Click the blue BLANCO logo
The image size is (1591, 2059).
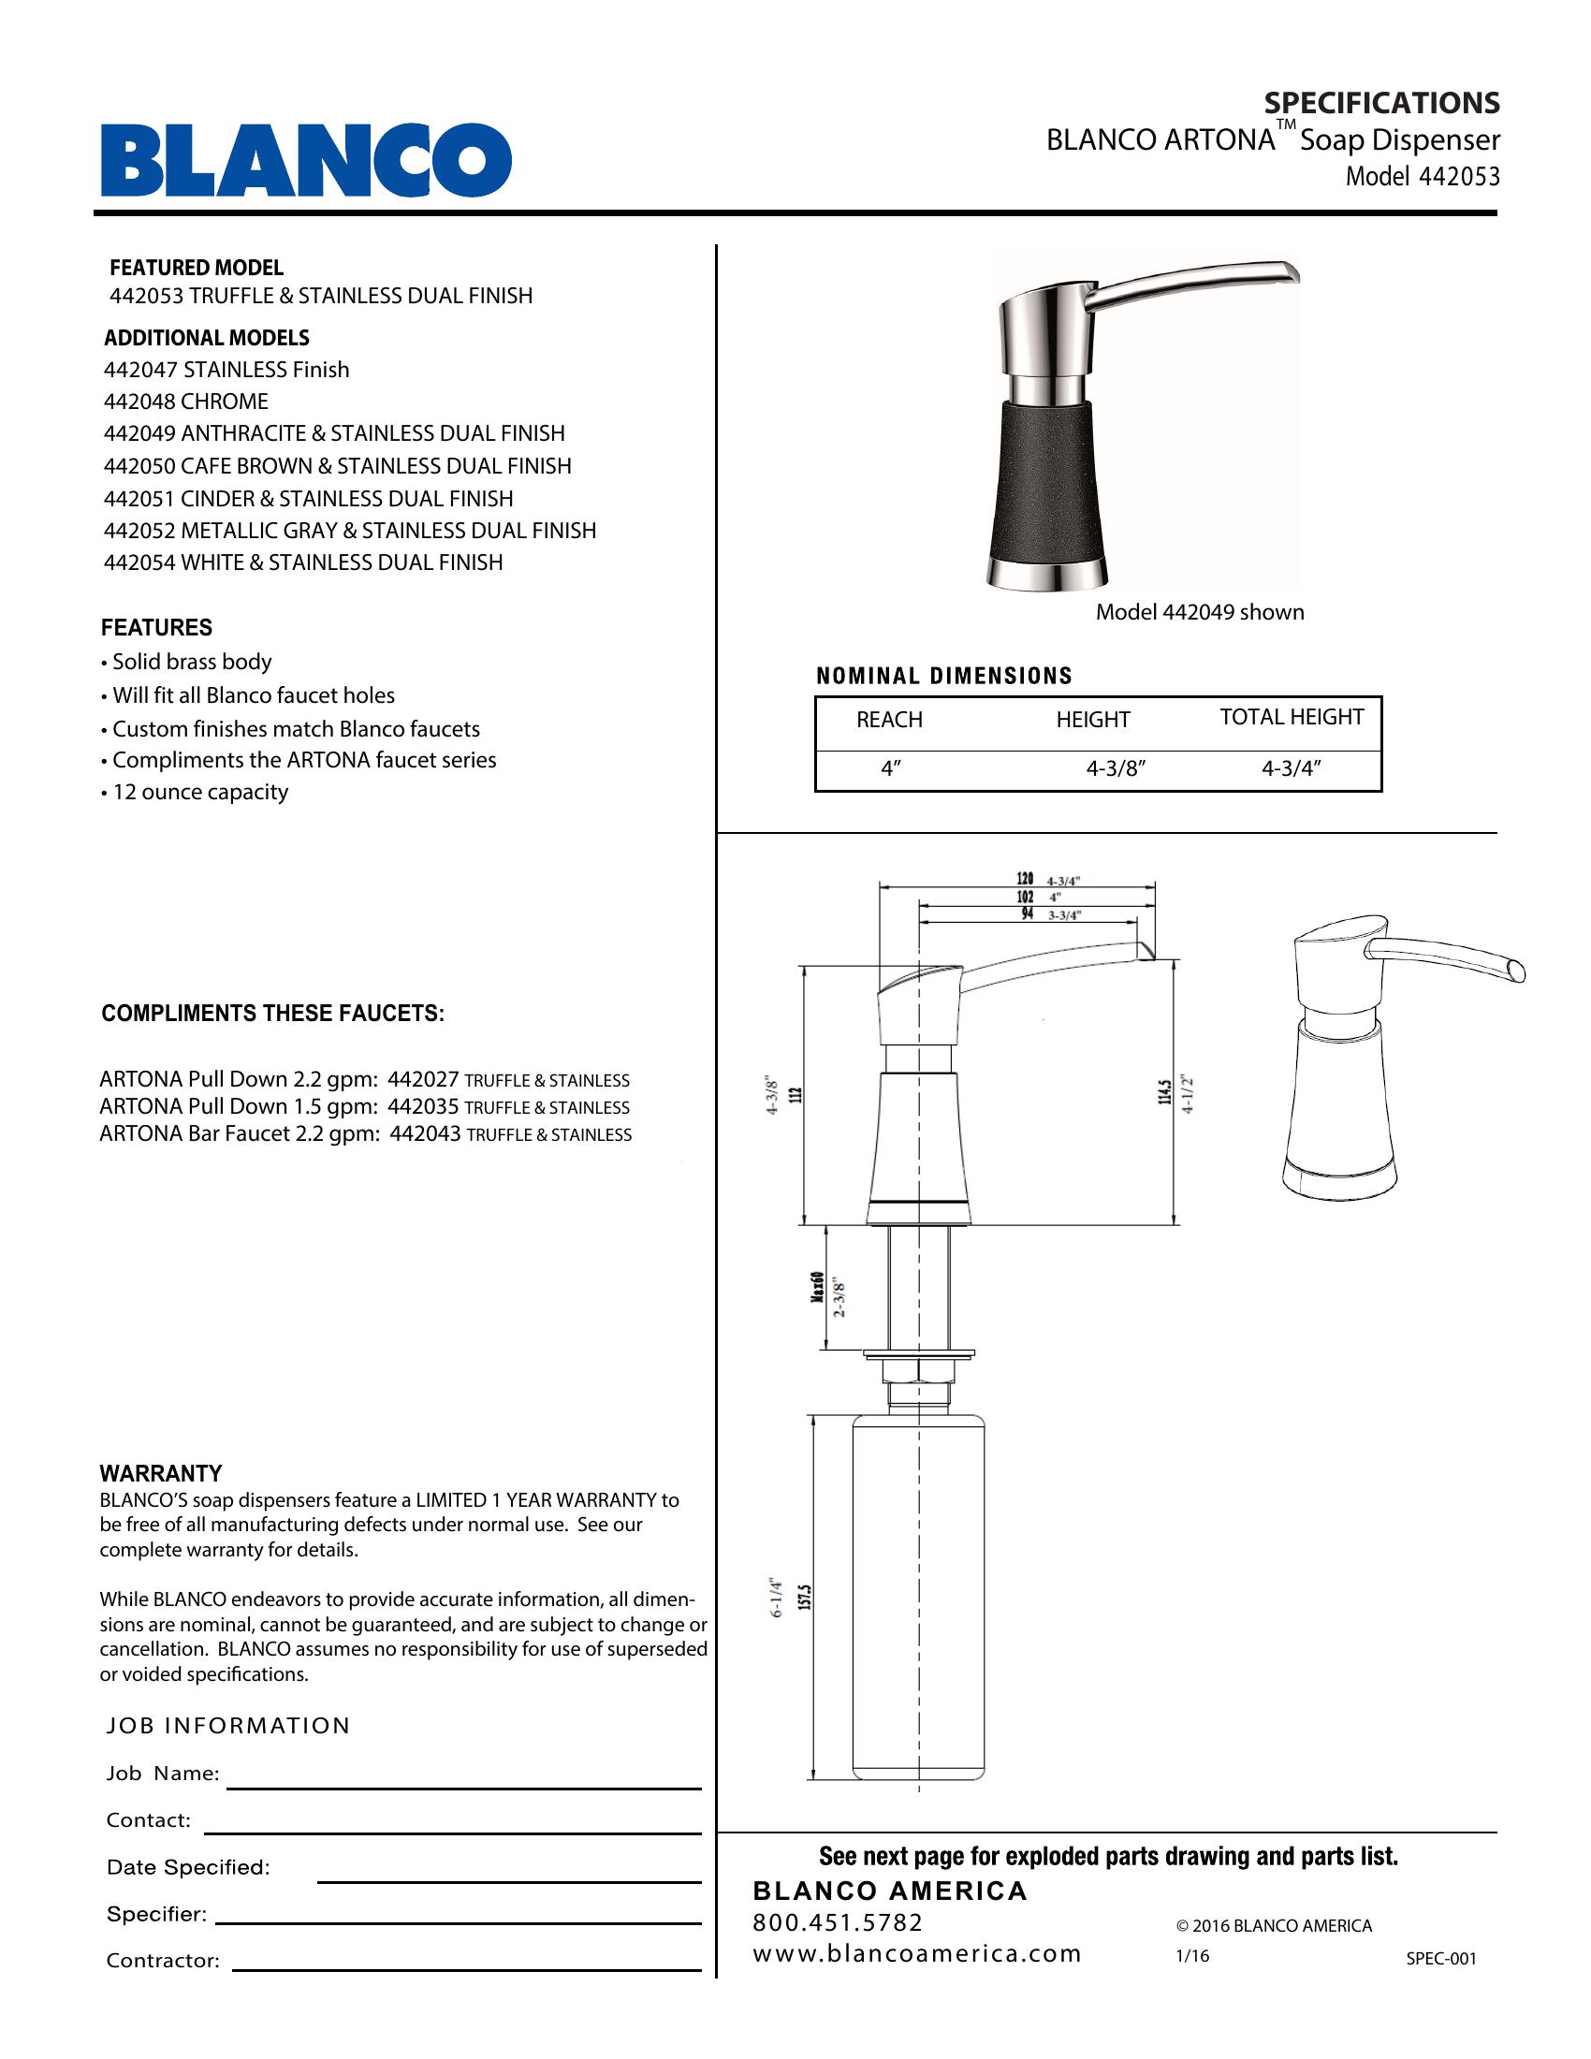click(x=306, y=159)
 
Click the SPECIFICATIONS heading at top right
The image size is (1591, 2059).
click(x=1380, y=103)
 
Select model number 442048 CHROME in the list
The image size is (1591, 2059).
click(x=185, y=402)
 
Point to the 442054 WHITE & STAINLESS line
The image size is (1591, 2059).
click(x=302, y=562)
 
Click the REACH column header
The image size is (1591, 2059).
click(x=889, y=720)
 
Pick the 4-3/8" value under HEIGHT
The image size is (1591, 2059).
click(x=1115, y=768)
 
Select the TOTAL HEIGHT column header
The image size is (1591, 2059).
click(x=1292, y=717)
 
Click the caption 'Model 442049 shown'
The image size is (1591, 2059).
click(x=1199, y=612)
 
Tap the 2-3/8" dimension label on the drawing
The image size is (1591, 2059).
click(x=839, y=1298)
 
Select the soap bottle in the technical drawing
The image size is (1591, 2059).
click(x=918, y=1593)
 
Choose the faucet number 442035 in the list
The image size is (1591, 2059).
click(x=423, y=1107)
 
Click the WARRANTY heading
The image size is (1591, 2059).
click(x=161, y=1473)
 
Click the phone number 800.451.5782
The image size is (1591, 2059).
click(x=838, y=1922)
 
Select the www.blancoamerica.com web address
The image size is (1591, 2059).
click(x=916, y=1953)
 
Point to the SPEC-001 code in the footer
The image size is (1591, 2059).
click(x=1441, y=1958)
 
